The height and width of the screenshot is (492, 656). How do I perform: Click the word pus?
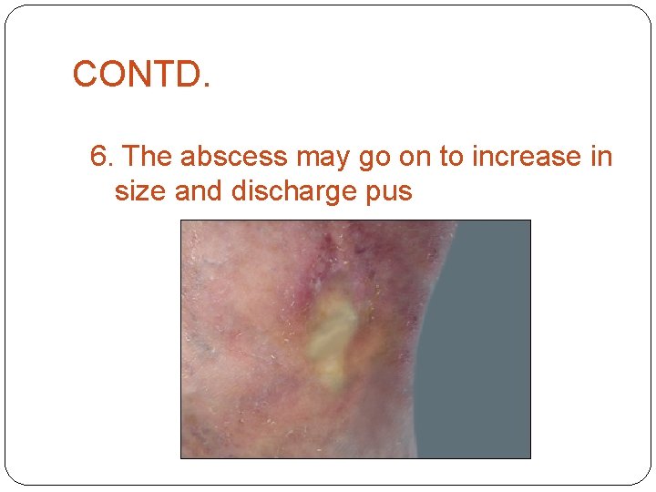(391, 193)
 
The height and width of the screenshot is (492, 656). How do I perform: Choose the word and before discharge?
(199, 191)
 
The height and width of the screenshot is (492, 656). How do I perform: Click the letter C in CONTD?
(85, 74)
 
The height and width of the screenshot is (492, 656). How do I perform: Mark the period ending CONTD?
(206, 86)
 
